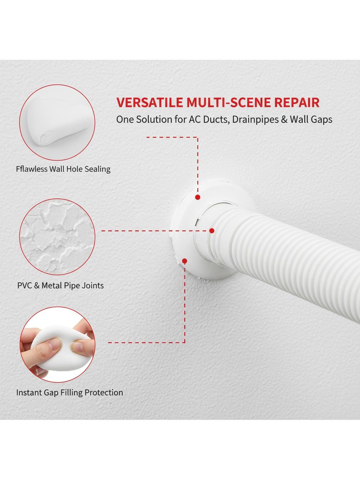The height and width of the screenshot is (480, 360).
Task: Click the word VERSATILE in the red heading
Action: [x=150, y=102]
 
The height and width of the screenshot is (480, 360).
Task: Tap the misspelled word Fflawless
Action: [x=32, y=169]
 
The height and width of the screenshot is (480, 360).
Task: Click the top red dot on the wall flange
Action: [x=198, y=197]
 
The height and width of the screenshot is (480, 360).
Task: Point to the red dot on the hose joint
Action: [x=212, y=231]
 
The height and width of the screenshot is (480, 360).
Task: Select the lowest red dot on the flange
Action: [x=185, y=261]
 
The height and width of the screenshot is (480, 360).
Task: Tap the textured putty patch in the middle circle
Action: [x=57, y=237]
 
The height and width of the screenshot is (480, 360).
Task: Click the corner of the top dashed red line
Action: [x=198, y=137]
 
